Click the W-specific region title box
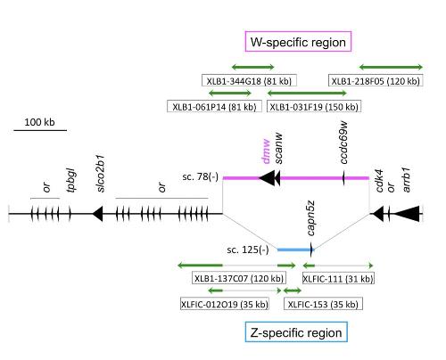click(x=298, y=41)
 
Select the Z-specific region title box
click(x=296, y=331)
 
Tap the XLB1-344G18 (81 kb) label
click(x=249, y=80)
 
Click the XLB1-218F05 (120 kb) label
click(x=376, y=80)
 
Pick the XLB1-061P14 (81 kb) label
click(x=214, y=106)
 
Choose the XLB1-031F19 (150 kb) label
click(x=314, y=106)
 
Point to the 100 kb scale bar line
click(x=40, y=130)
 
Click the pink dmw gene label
click(x=266, y=151)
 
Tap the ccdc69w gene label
click(x=343, y=143)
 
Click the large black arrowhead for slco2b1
click(x=97, y=214)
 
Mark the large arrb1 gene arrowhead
click(x=406, y=214)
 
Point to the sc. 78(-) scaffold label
click(x=201, y=177)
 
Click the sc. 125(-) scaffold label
click(x=248, y=250)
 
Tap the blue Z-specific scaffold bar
click(x=295, y=250)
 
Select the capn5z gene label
click(x=310, y=218)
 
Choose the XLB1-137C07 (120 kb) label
click(x=239, y=278)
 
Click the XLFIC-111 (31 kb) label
click(x=338, y=278)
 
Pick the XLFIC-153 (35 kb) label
click(x=323, y=304)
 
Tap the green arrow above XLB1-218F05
click(x=391, y=67)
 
